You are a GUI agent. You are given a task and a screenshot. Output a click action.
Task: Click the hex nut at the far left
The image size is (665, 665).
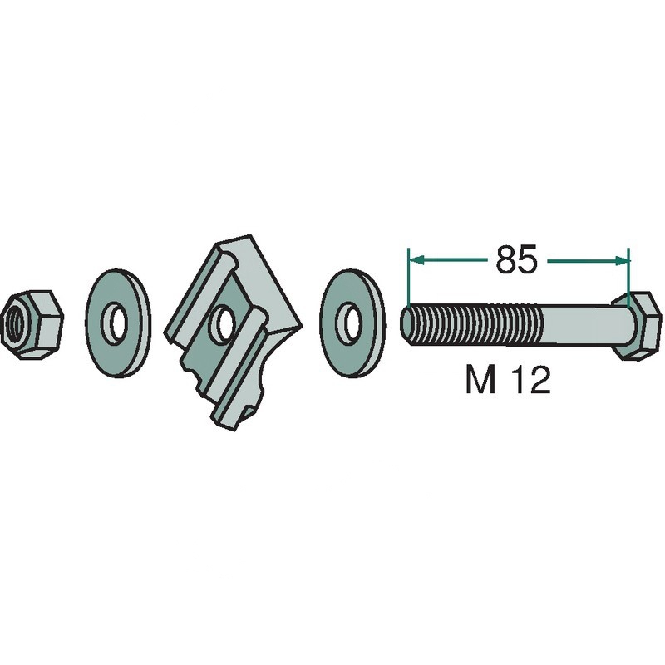pos(32,324)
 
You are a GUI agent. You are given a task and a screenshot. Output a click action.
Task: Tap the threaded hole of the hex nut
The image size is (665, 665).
pos(14,323)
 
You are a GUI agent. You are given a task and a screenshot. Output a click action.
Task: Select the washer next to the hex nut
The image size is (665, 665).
pos(118,323)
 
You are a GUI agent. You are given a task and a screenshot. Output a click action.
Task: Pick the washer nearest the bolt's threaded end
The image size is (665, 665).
pos(352,323)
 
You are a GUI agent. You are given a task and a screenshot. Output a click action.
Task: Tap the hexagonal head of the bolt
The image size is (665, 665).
pos(637,325)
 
